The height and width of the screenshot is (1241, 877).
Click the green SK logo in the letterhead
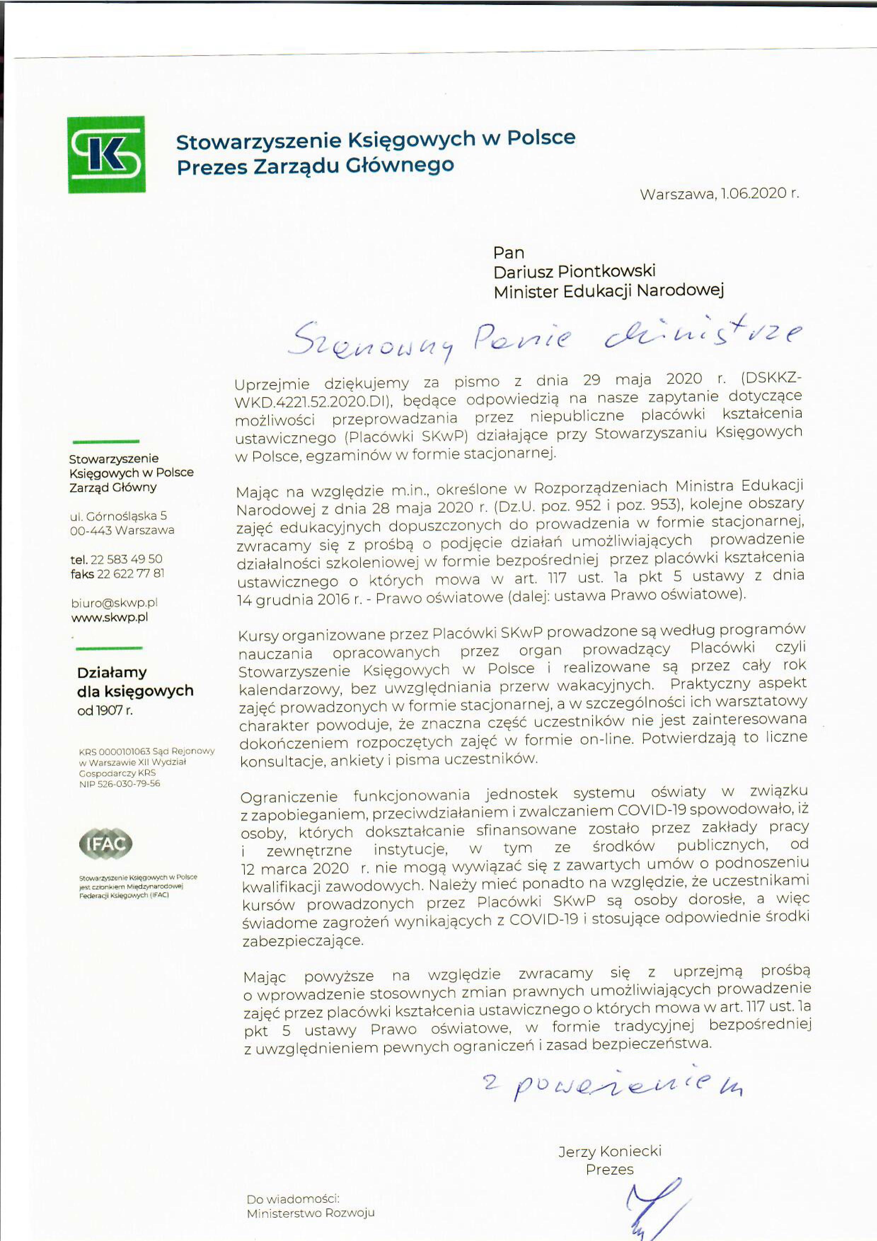[106, 155]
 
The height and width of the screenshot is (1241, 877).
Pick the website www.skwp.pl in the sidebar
[110, 617]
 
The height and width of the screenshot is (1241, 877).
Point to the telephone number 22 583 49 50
[130, 559]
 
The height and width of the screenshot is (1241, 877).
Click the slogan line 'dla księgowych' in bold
[135, 691]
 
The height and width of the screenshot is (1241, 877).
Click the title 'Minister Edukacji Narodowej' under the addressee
[608, 292]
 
